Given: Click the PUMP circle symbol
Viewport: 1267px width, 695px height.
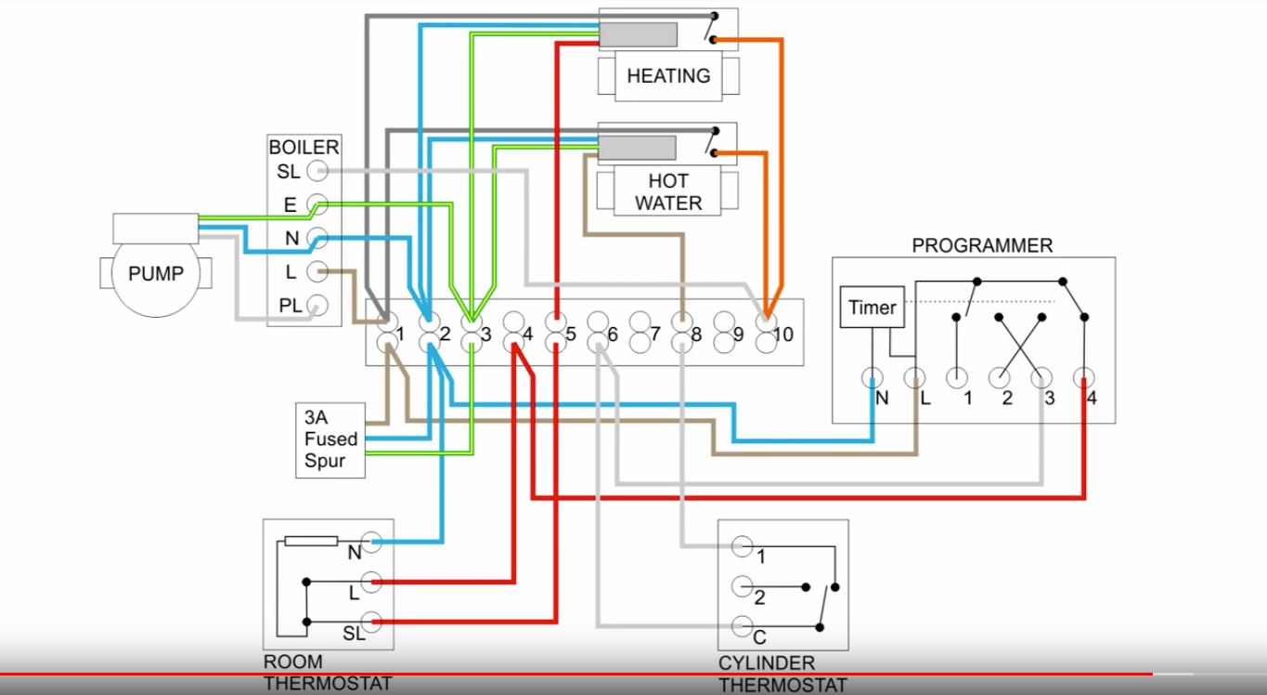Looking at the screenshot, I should (156, 274).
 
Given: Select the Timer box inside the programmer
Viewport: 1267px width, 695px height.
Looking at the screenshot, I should (873, 308).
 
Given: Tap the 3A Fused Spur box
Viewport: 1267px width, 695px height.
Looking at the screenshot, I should (330, 439).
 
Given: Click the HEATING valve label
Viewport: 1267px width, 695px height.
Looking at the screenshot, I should (668, 76).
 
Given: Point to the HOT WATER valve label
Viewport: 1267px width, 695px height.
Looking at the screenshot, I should (668, 192).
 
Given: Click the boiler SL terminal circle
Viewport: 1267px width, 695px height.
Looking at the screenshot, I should (317, 171).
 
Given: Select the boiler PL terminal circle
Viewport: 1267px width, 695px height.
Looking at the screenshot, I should (317, 305).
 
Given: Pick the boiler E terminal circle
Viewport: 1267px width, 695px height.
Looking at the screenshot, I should (317, 204).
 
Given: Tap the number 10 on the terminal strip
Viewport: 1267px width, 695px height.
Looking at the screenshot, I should (782, 334).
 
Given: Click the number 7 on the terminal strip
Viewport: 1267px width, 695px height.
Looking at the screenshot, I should (655, 334).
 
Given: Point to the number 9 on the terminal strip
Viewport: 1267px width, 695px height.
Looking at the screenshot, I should (739, 334).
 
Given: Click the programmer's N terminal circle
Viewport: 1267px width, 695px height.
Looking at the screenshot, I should (873, 378).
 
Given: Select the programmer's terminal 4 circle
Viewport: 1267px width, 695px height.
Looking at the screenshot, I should (1083, 378).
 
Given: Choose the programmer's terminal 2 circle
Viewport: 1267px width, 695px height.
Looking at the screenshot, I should (999, 378).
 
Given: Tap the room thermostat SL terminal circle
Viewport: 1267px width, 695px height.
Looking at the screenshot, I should (371, 622).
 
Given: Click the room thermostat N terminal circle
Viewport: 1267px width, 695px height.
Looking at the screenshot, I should (371, 542).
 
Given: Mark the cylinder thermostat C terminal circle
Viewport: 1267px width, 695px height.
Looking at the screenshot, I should (742, 627).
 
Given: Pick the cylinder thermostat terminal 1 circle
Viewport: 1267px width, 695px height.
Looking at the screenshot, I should (742, 546).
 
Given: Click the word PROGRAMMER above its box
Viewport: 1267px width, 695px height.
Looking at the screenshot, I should (982, 246).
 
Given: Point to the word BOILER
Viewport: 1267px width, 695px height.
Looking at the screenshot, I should (304, 148).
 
